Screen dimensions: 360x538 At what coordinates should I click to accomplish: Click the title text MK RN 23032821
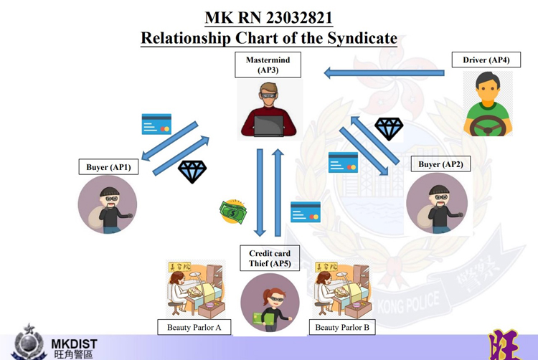tap(268, 17)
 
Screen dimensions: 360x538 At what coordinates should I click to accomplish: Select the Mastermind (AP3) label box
tap(268, 65)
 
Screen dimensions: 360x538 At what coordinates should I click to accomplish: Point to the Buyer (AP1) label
tap(108, 167)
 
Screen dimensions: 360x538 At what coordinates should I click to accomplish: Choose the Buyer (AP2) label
tap(440, 164)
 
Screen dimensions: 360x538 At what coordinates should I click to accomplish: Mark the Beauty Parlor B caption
tap(342, 328)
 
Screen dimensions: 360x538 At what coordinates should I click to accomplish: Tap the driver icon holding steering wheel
tap(488, 107)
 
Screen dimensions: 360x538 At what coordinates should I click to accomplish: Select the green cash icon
tap(234, 212)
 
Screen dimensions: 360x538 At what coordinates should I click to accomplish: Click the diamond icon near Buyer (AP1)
tap(192, 171)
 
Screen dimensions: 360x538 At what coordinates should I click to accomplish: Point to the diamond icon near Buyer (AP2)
tap(389, 129)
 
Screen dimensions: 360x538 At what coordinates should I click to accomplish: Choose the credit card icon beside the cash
tap(306, 212)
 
